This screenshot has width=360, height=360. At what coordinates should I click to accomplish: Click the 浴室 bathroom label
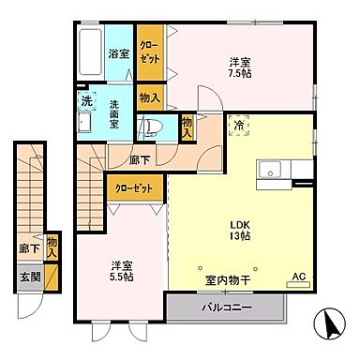117,53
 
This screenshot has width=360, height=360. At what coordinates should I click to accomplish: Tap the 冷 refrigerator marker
238,126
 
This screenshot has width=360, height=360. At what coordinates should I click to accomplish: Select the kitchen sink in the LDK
273,170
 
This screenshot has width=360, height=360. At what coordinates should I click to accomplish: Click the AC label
299,277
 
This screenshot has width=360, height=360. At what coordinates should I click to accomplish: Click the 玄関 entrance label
28,277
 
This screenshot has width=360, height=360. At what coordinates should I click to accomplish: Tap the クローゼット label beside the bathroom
149,52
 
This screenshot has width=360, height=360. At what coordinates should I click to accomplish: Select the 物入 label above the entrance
52,247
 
